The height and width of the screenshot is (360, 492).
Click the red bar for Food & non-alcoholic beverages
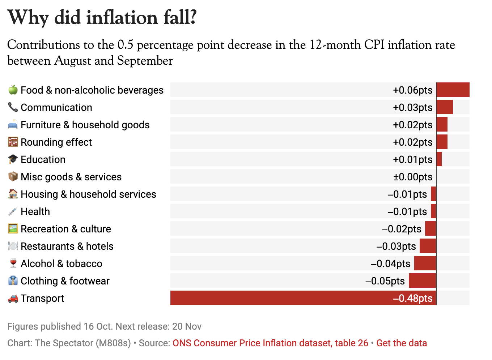point(453,90)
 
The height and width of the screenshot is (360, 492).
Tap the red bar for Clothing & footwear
point(422,280)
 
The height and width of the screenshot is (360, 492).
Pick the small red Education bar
point(439,159)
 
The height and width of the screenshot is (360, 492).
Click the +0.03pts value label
point(413,107)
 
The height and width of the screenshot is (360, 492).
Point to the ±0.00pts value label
point(413,177)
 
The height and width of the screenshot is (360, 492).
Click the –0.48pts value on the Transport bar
point(413,298)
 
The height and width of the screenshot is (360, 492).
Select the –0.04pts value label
point(391,263)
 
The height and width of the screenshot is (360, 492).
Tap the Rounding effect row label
point(56,142)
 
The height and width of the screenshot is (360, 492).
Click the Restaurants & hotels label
point(67,246)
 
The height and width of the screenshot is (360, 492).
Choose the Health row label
point(35,211)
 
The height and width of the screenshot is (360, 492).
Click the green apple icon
point(13,90)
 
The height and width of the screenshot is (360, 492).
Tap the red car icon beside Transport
point(13,298)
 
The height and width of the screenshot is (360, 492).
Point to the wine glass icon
point(13,263)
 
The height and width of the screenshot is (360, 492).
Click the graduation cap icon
point(13,159)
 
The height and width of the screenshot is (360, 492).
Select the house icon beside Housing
point(13,194)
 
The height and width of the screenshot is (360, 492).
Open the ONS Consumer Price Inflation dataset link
point(270,343)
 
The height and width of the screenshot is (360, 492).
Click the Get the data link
point(402,343)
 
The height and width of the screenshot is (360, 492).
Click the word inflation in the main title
point(122,17)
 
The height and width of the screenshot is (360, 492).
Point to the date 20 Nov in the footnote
point(187,326)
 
